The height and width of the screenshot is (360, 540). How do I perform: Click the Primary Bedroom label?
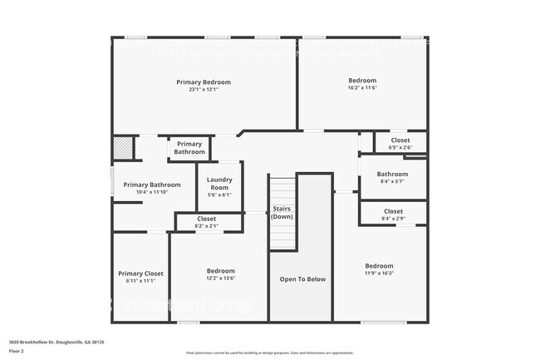pyautogui.click(x=204, y=82)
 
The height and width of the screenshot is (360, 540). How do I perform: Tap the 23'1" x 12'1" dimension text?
pyautogui.click(x=204, y=90)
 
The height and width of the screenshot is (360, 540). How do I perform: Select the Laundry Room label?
pyautogui.click(x=219, y=184)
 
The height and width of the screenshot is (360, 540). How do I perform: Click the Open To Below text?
pyautogui.click(x=302, y=279)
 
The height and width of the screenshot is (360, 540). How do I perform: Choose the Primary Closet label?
pyautogui.click(x=140, y=274)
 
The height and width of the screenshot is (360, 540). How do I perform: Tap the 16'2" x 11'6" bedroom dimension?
pyautogui.click(x=362, y=87)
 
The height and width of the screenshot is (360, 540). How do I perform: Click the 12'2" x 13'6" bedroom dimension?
pyautogui.click(x=220, y=279)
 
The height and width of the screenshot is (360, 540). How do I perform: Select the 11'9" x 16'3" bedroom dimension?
pyautogui.click(x=379, y=274)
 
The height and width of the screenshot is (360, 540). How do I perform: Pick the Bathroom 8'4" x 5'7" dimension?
pyautogui.click(x=392, y=181)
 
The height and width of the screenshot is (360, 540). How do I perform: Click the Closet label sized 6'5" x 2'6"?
pyautogui.click(x=400, y=141)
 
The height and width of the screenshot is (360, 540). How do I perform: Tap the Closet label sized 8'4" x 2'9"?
pyautogui.click(x=393, y=211)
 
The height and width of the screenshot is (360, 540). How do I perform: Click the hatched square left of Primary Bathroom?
pyautogui.click(x=123, y=148)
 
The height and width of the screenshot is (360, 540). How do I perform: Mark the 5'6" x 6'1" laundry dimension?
pyautogui.click(x=219, y=195)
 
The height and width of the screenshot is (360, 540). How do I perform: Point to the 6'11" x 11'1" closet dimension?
pyautogui.click(x=140, y=281)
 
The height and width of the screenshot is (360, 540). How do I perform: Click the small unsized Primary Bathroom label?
pyautogui.click(x=189, y=148)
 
